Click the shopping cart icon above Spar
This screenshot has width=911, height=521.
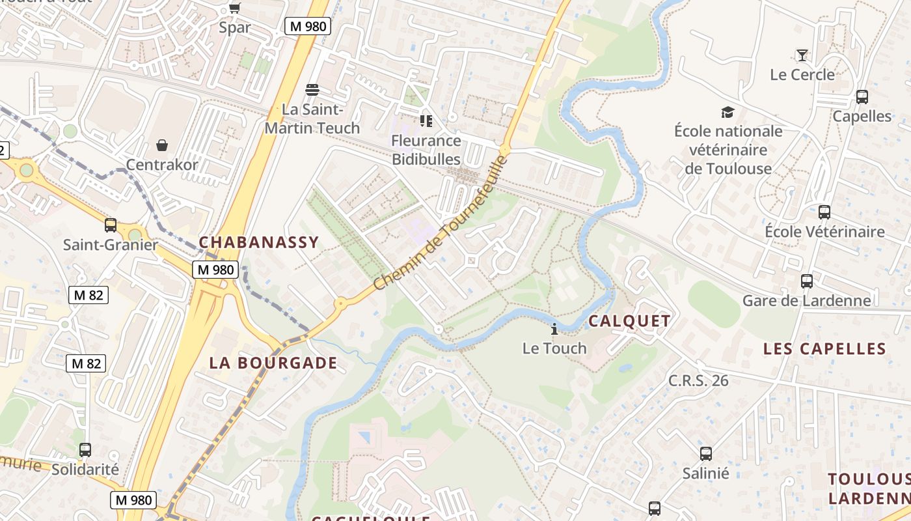[x=234, y=8]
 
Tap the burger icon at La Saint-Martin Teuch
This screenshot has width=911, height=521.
[x=312, y=89]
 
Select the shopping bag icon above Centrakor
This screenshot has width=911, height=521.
[x=162, y=145]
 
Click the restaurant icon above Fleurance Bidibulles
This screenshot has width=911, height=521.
[x=426, y=121]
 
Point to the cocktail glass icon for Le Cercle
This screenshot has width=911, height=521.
[x=802, y=55]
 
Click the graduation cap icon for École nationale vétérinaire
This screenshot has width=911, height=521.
[x=727, y=112]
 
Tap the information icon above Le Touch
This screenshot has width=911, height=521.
[x=554, y=329]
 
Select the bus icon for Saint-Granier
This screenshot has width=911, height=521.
[x=111, y=225]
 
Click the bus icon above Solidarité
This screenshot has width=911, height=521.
[x=85, y=449]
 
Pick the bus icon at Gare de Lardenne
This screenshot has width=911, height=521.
[x=807, y=281]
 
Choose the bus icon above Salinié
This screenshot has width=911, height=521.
[x=706, y=454]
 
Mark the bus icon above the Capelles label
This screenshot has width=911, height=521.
[x=862, y=97]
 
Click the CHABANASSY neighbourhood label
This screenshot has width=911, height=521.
[x=259, y=242]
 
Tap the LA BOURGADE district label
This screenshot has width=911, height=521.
[x=273, y=363]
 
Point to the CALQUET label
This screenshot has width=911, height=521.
[x=629, y=320]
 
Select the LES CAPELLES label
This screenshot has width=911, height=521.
[x=824, y=349]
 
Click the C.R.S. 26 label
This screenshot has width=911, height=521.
[x=698, y=380]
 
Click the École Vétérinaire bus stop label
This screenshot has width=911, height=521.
[x=824, y=231]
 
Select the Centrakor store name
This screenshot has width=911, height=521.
[x=162, y=165]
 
